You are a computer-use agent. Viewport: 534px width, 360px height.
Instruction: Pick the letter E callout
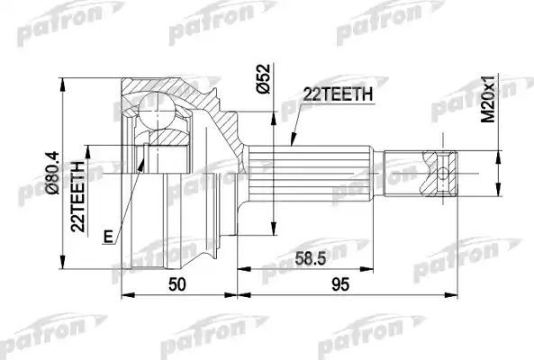[108, 237]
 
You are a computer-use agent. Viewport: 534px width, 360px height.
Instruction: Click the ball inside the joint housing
[158, 113]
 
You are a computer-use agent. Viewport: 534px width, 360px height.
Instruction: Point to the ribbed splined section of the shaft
[311, 171]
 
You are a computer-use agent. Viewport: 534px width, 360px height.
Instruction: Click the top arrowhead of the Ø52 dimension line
[272, 112]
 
